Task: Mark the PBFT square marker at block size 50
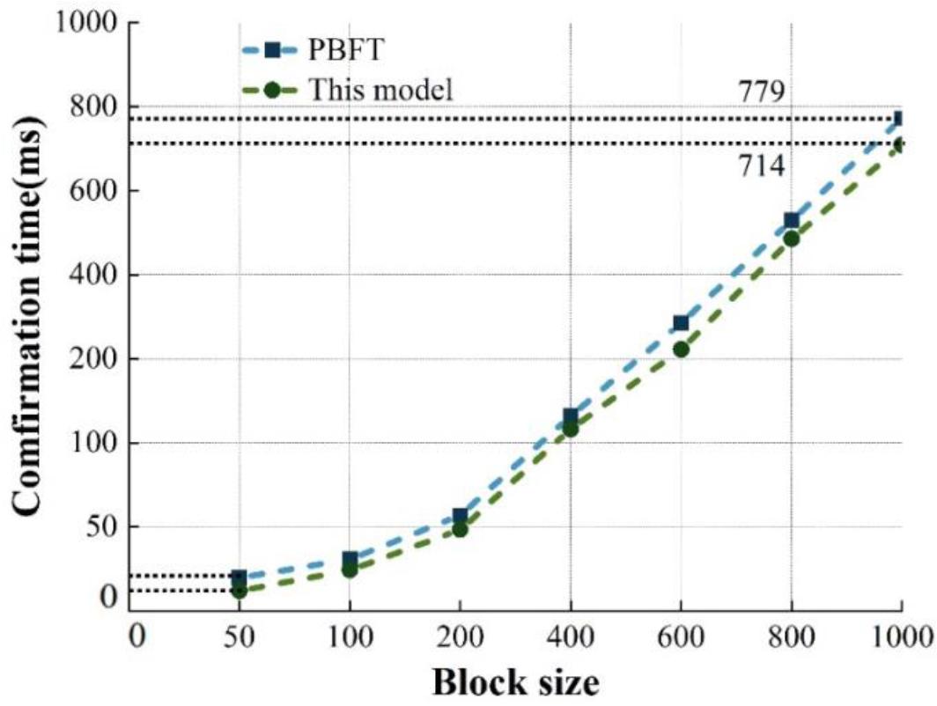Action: pos(239,578)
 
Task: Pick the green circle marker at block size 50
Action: pos(239,591)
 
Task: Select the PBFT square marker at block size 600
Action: pos(681,323)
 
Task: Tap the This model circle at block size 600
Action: pos(681,349)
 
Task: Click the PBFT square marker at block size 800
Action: pos(791,220)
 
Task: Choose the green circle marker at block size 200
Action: pos(460,530)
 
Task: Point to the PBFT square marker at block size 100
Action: pos(350,559)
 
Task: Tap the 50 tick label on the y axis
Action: pos(104,527)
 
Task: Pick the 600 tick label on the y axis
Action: pos(97,191)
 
